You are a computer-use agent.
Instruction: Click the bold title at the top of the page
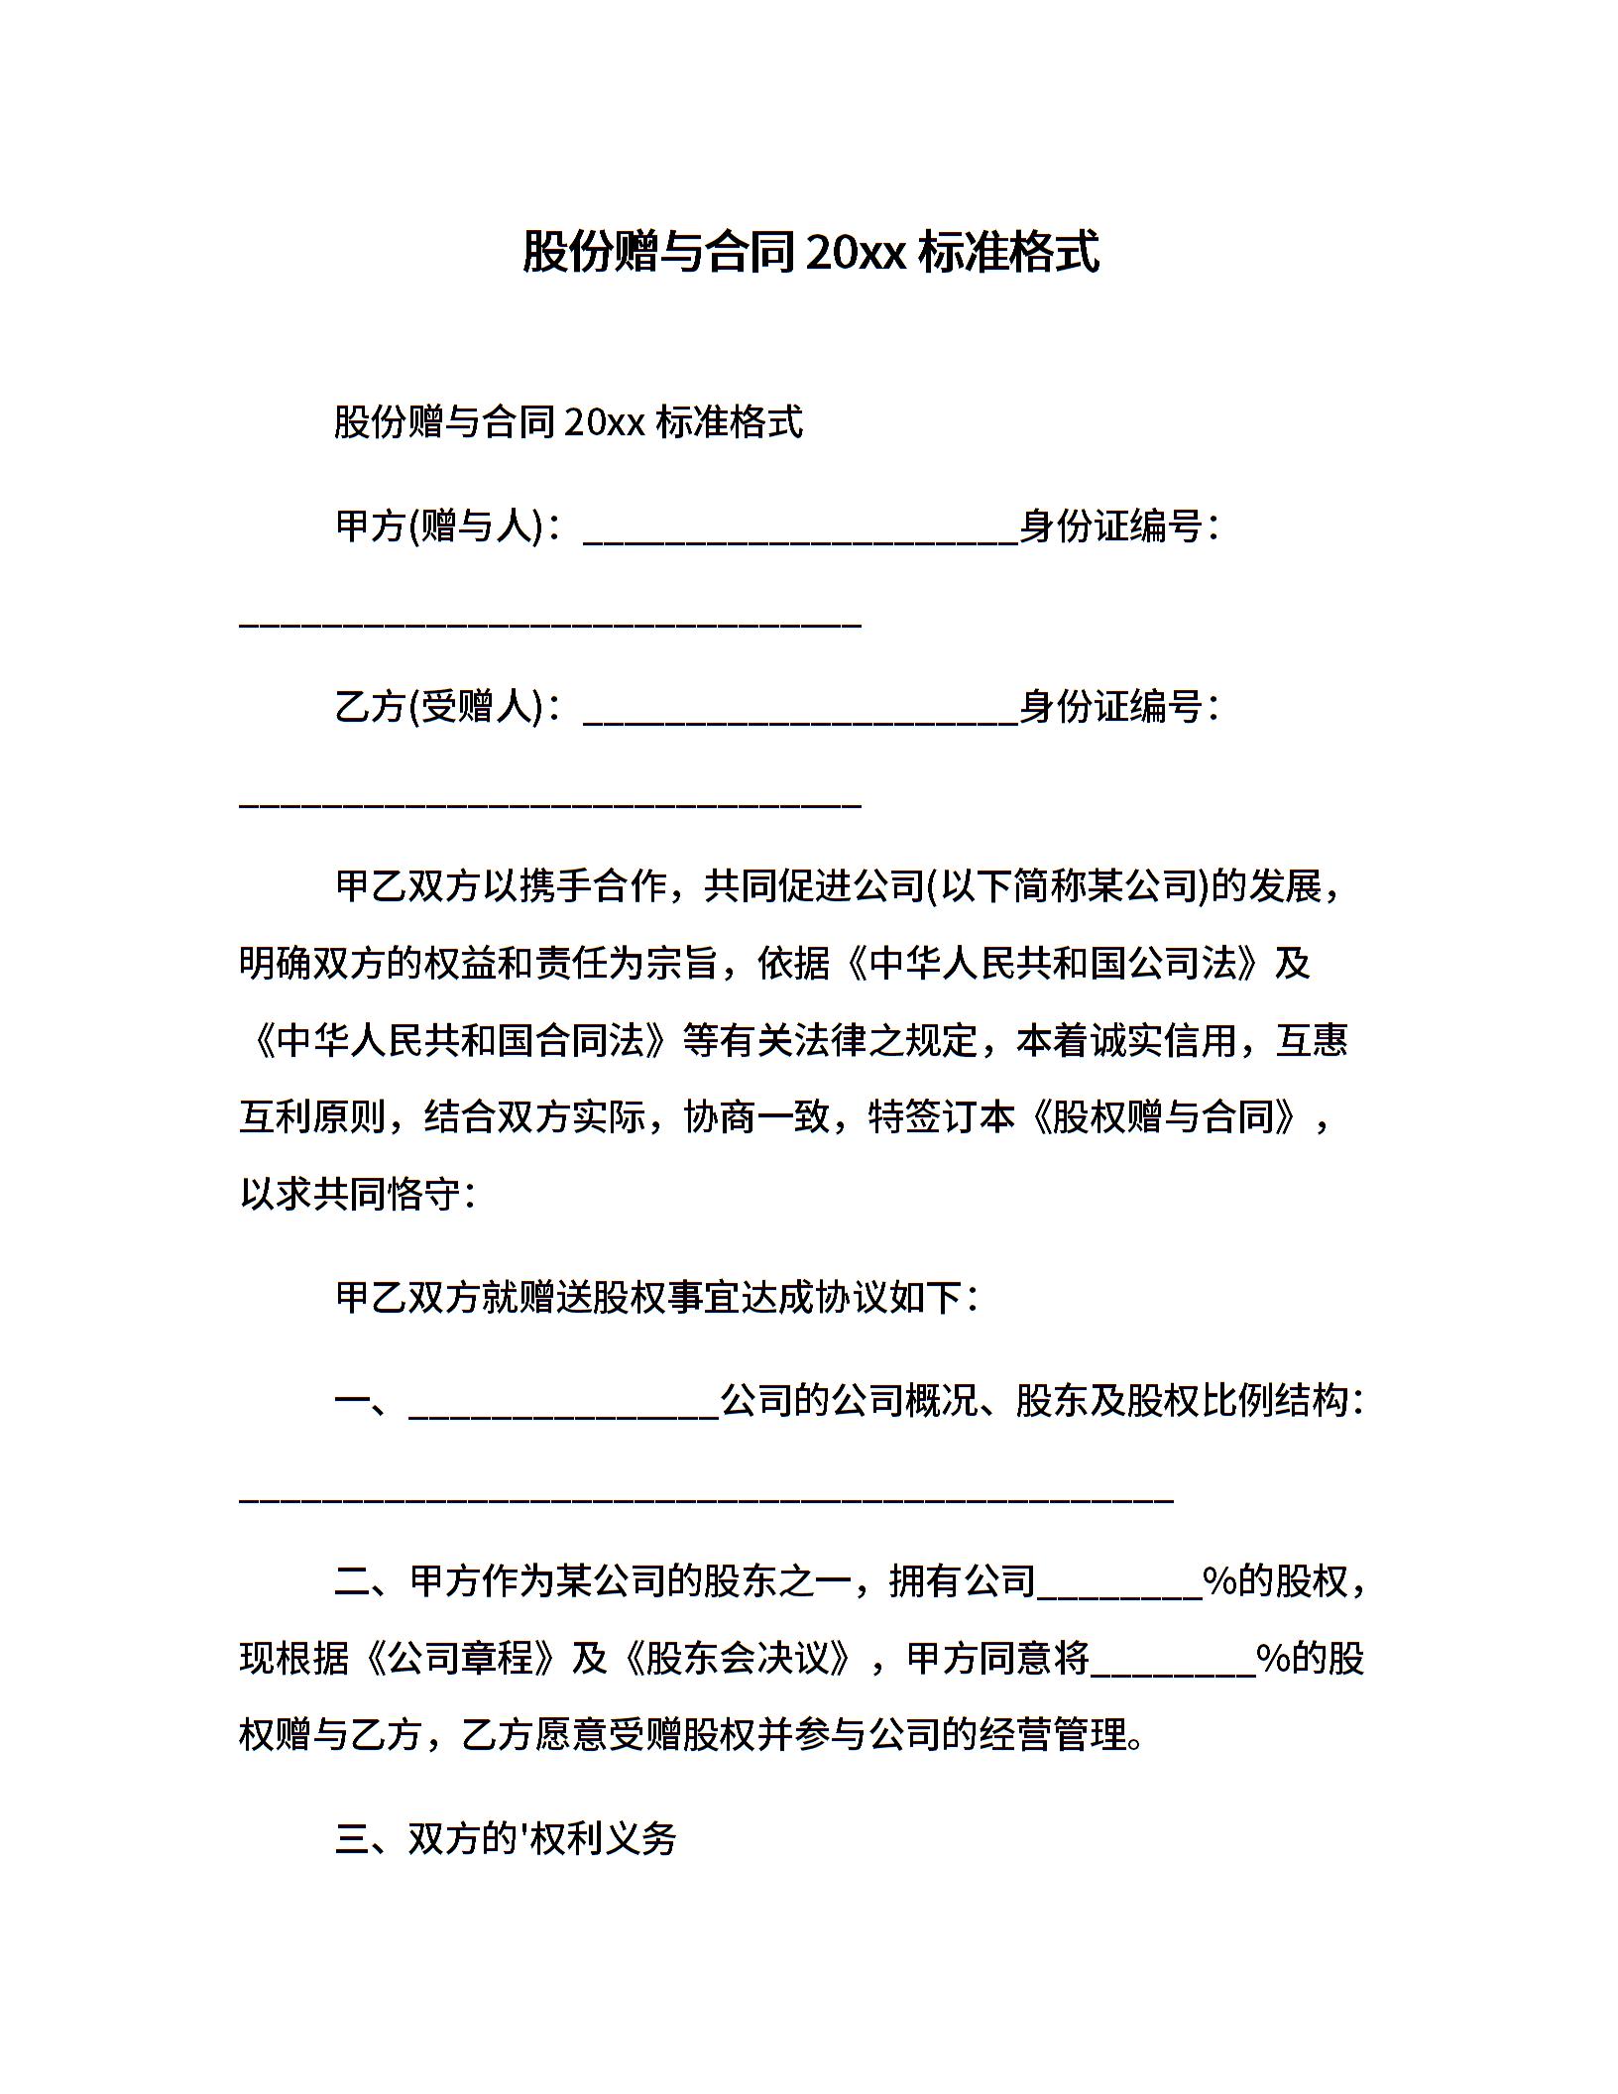(x=810, y=252)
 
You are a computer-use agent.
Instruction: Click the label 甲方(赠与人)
(x=440, y=526)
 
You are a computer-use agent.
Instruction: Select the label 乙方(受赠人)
(x=440, y=707)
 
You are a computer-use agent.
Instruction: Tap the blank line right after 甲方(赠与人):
(x=800, y=535)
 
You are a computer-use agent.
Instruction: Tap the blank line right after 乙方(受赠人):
(x=800, y=716)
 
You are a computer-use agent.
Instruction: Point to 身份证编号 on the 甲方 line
(x=1111, y=526)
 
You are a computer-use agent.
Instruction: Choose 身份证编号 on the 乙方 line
(x=1111, y=707)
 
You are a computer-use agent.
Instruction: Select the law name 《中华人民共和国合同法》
(x=461, y=1040)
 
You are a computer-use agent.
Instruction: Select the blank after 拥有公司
(x=1118, y=1589)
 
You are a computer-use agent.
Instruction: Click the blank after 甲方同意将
(x=1173, y=1667)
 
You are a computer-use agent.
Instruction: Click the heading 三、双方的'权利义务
(x=506, y=1839)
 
